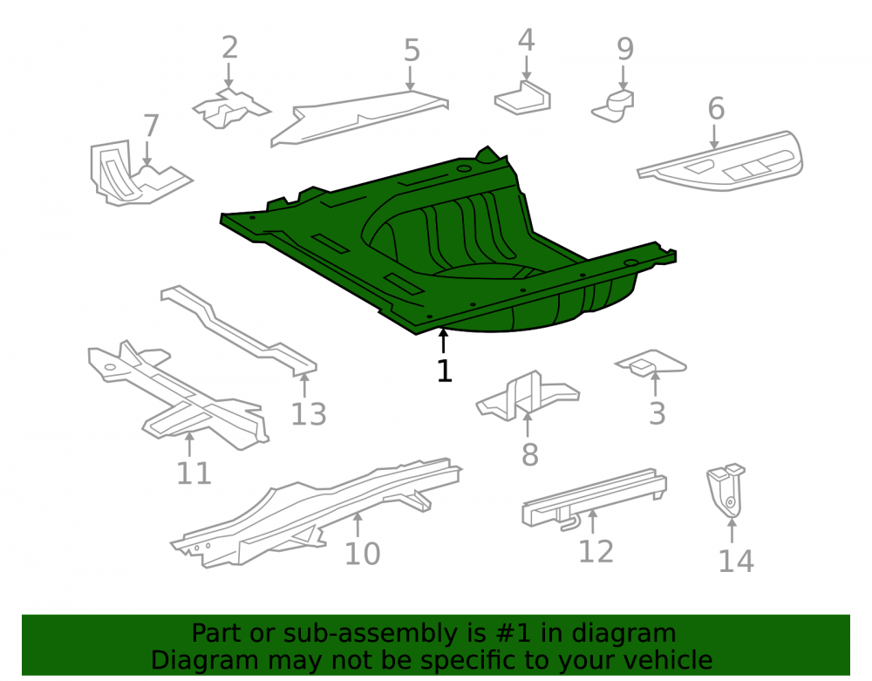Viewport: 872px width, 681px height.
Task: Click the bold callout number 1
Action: [445, 371]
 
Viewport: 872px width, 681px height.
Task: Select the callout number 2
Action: [229, 47]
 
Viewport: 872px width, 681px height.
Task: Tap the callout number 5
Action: [412, 51]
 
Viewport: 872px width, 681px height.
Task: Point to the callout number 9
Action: [625, 49]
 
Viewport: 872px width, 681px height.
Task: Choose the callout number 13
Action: [309, 413]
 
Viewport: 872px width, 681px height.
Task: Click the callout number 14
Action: [736, 561]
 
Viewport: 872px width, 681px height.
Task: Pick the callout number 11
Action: [194, 473]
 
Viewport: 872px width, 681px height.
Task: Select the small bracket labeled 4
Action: [522, 98]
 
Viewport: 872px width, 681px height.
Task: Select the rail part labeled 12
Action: [594, 500]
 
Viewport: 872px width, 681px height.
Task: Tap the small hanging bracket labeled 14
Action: [726, 490]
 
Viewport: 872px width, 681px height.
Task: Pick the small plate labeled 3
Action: [651, 363]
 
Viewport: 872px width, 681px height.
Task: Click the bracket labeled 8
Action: [528, 396]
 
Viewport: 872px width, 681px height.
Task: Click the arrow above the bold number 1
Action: [443, 341]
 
